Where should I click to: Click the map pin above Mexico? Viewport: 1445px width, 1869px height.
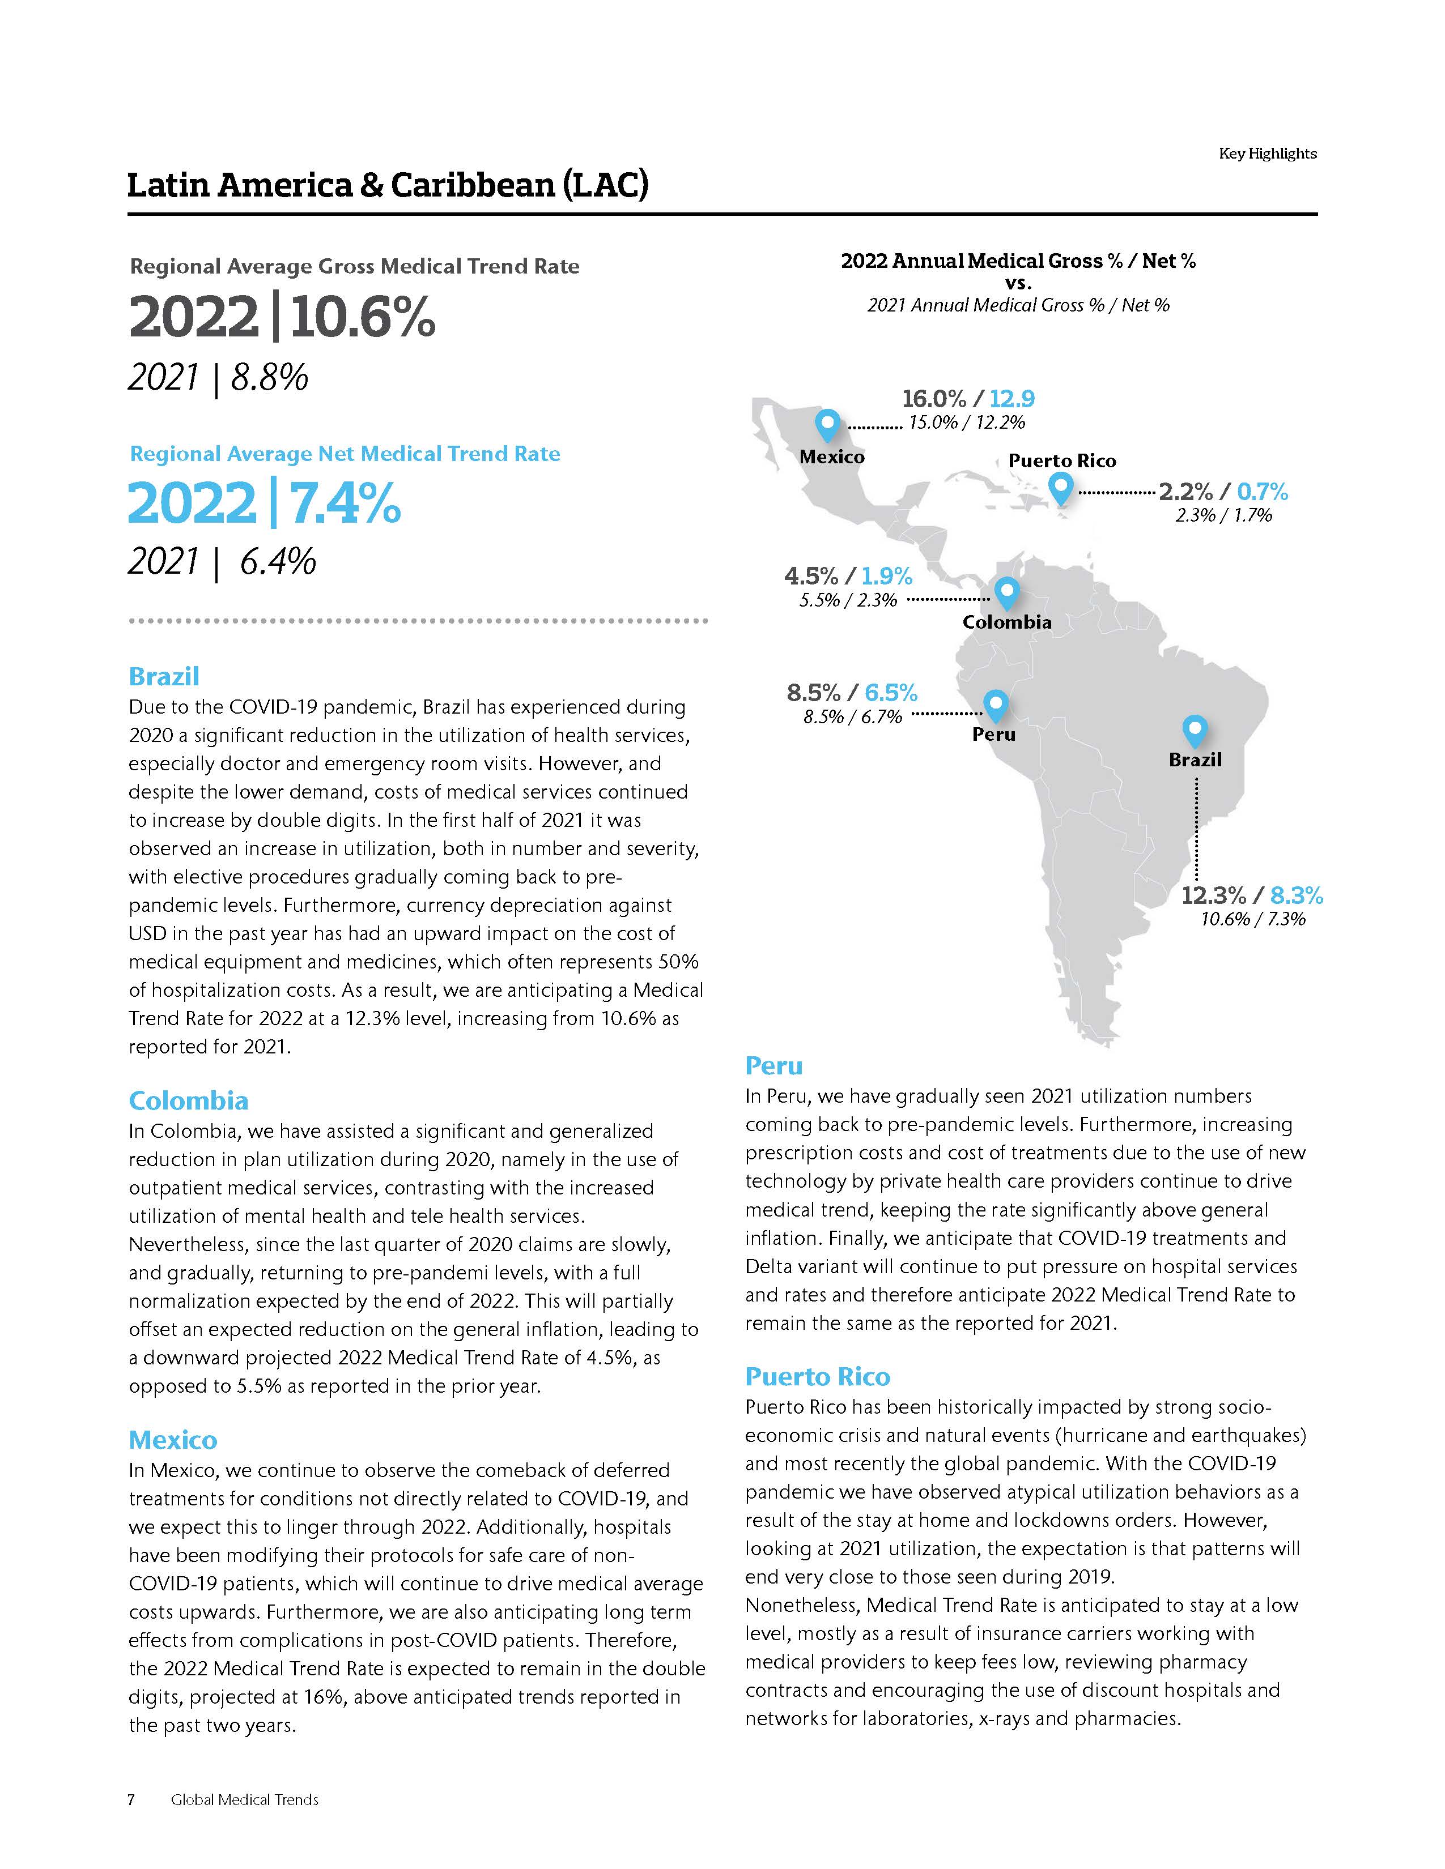(x=827, y=424)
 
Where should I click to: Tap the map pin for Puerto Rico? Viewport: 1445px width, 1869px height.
(x=1061, y=489)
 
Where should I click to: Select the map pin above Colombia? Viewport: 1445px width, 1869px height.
(x=1006, y=591)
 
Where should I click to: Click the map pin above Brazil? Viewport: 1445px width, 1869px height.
(x=1194, y=730)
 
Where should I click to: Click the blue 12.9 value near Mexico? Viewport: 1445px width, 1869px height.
(x=1012, y=399)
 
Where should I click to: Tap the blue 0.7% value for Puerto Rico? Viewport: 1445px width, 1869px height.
(x=1263, y=492)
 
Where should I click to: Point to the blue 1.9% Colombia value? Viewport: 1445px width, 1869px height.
(x=887, y=576)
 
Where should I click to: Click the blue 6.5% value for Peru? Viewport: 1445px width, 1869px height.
(x=891, y=692)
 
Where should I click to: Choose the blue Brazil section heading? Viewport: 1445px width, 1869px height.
(x=164, y=676)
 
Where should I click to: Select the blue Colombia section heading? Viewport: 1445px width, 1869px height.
(x=188, y=1100)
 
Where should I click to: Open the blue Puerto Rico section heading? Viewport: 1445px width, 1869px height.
(x=818, y=1376)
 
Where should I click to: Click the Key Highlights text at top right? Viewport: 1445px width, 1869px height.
(x=1267, y=154)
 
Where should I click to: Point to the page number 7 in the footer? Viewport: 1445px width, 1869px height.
(x=131, y=1800)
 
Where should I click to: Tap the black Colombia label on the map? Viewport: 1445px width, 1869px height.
(x=1007, y=622)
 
